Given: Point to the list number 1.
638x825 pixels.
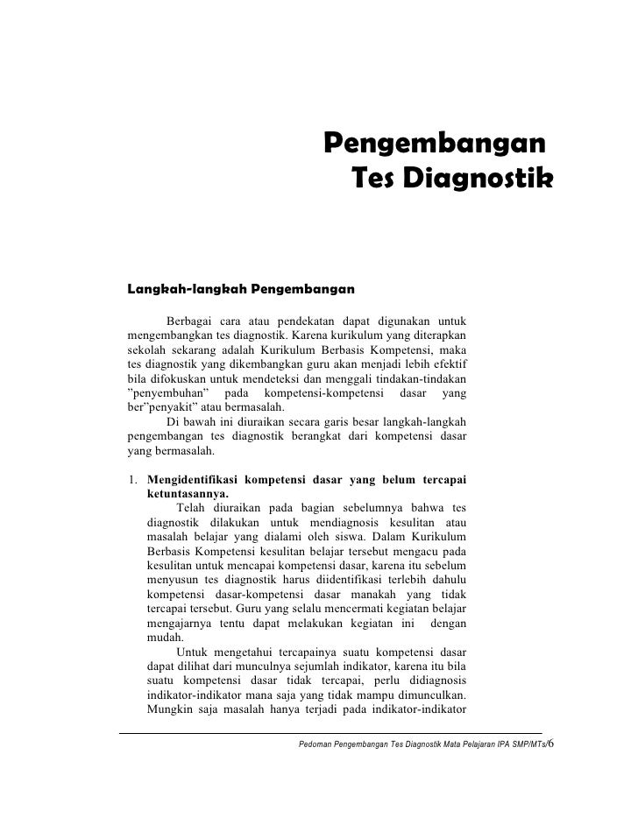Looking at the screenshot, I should click(131, 479).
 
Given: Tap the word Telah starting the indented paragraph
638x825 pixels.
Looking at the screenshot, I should click(194, 509).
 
